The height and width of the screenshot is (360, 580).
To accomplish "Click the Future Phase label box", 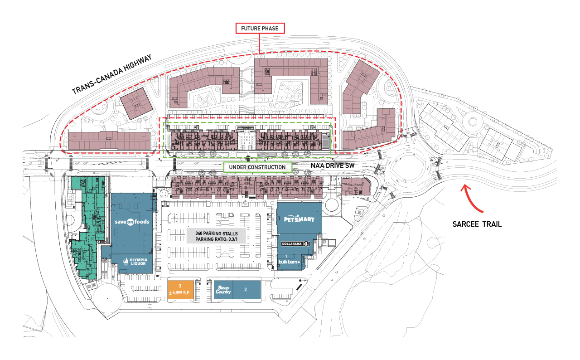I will (260, 28).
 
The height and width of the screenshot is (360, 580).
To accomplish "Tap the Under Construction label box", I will (257, 167).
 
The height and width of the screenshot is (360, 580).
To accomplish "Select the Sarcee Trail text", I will (477, 224).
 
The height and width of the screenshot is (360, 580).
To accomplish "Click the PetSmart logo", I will (299, 219).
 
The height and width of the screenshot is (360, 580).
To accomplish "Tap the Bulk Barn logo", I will (290, 262).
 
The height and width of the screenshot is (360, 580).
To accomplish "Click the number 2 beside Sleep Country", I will (245, 288).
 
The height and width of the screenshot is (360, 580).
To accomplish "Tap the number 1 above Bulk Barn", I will (286, 256).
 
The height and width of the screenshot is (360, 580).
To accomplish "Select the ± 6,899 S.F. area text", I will (181, 292).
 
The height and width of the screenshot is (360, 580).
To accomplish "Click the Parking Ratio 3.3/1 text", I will (216, 239).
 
